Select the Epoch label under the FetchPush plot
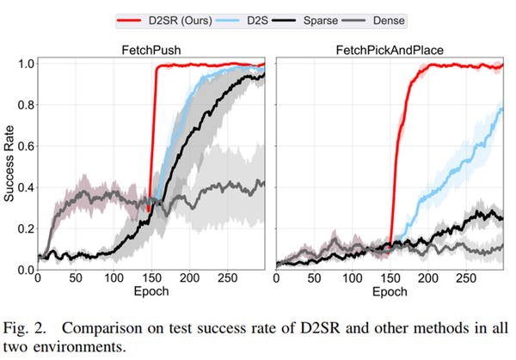[151, 292]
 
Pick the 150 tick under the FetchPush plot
[151, 279]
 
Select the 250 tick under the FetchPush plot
[227, 279]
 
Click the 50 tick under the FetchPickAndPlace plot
[315, 279]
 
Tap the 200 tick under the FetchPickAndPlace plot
[429, 279]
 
